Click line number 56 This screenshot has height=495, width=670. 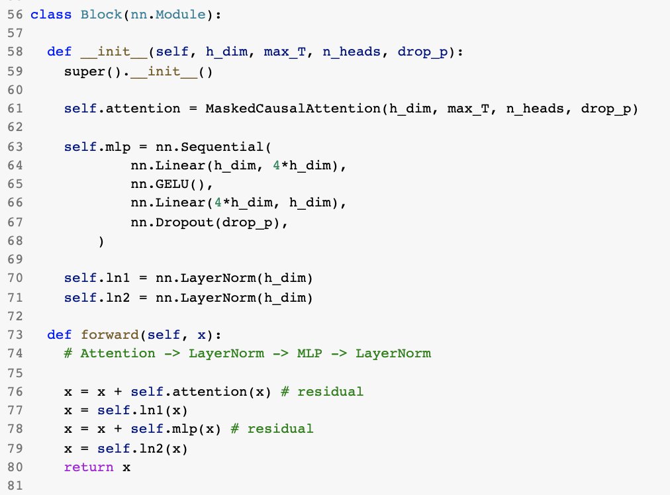15,14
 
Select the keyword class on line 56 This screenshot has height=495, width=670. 51,14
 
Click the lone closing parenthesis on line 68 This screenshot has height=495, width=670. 101,242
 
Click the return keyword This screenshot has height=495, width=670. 89,467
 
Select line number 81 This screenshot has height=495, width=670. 15,486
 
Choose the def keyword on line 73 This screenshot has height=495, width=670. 60,335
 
